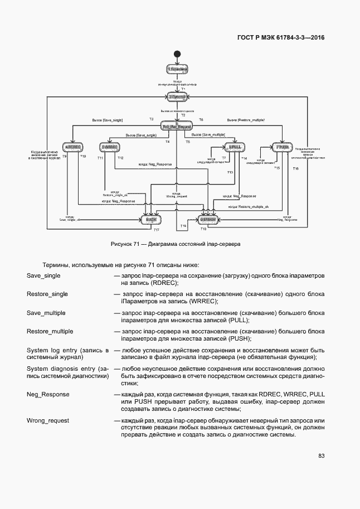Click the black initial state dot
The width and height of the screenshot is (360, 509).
click(x=177, y=54)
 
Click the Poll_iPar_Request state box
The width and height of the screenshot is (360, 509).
click(x=177, y=127)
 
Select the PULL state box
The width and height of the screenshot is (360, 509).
click(x=235, y=147)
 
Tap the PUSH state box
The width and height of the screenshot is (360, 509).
click(x=282, y=147)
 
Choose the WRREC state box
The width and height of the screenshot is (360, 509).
click(x=109, y=147)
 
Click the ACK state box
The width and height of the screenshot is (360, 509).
click(x=151, y=220)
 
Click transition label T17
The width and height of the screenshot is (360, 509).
click(x=157, y=230)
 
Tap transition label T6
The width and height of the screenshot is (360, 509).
click(x=201, y=120)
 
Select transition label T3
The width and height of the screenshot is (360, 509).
click(x=151, y=120)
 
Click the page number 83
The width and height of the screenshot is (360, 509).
click(x=322, y=456)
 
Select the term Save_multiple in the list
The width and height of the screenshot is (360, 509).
click(x=46, y=313)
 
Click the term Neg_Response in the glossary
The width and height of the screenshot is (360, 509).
click(x=48, y=394)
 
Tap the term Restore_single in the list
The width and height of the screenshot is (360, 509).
click(x=47, y=294)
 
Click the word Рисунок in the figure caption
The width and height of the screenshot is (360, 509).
click(x=122, y=244)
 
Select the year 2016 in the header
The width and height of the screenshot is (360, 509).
click(x=315, y=37)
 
